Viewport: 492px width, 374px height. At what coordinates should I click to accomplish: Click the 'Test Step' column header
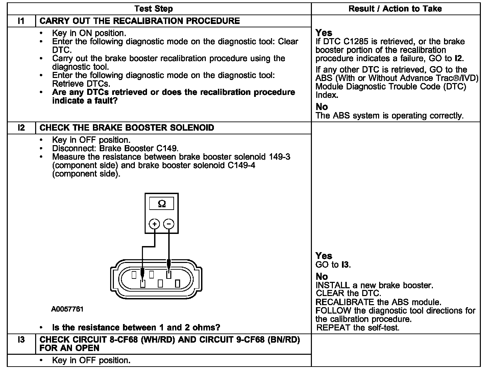(154, 8)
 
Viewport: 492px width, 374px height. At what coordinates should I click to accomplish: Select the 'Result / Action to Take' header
(395, 8)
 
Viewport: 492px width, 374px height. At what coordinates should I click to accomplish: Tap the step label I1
(21, 21)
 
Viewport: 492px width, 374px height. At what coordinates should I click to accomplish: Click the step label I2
(21, 128)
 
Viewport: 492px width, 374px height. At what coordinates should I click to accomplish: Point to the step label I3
(21, 340)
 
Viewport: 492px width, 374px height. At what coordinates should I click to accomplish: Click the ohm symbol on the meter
(162, 204)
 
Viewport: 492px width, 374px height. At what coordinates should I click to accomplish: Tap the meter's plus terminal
(154, 224)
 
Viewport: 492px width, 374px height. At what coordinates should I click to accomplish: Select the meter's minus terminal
(169, 224)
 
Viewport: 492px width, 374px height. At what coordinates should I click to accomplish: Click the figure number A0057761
(68, 309)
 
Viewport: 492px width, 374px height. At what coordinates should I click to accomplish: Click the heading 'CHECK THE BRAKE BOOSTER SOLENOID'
(127, 128)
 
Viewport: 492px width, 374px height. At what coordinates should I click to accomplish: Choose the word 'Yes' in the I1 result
(324, 33)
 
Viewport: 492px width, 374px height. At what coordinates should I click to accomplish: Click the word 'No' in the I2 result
(322, 276)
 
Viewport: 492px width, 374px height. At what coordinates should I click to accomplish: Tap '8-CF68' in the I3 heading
(124, 340)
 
